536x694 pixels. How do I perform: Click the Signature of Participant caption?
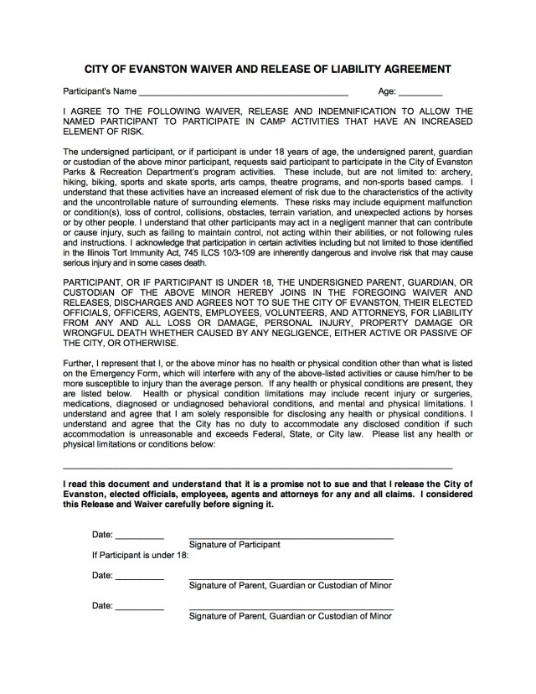coord(235,544)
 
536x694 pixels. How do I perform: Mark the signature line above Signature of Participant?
coord(291,536)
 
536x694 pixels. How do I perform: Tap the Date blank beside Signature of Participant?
coord(139,537)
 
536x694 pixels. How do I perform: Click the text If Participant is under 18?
coord(141,555)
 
